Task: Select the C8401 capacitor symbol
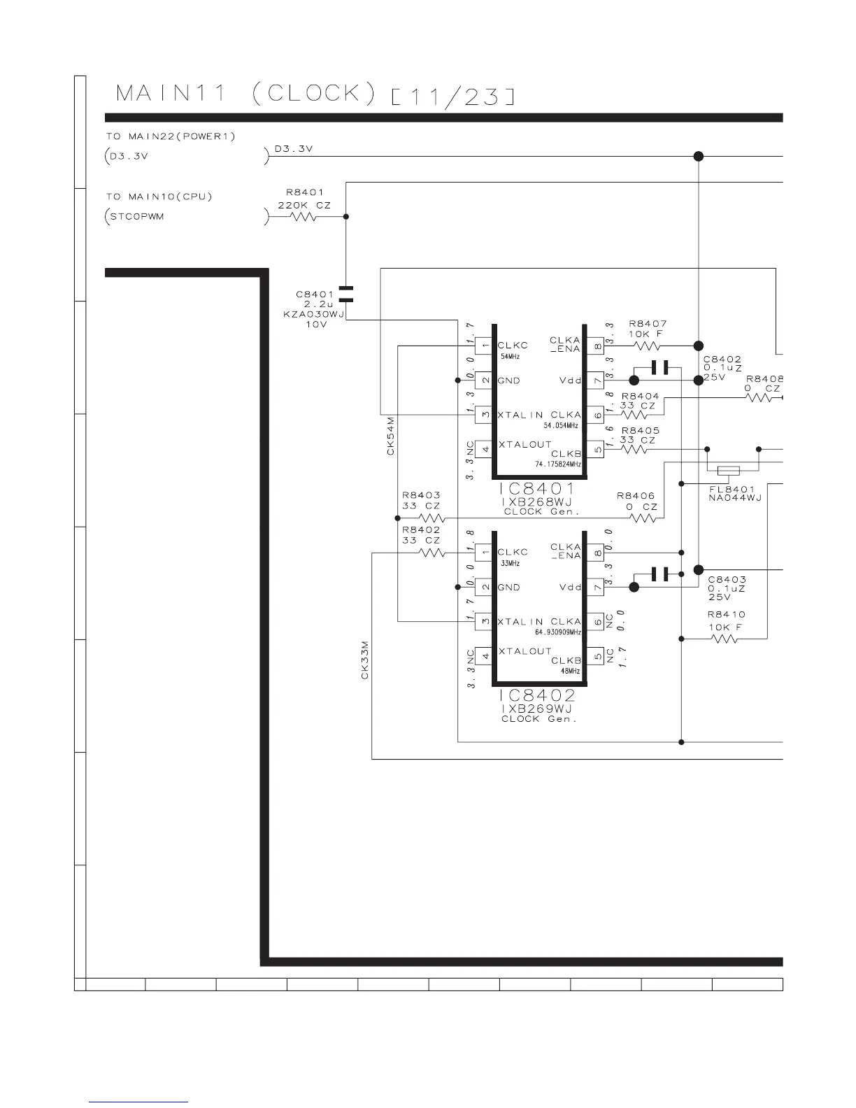coord(345,294)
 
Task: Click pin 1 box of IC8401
coord(485,346)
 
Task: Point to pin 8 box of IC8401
coord(596,346)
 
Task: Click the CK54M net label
coord(391,436)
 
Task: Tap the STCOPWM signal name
coord(137,217)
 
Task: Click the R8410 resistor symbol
coord(723,639)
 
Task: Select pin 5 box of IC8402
coord(596,656)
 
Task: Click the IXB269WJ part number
coord(537,709)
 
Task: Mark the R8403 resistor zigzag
coord(431,518)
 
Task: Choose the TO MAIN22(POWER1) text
coord(171,136)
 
